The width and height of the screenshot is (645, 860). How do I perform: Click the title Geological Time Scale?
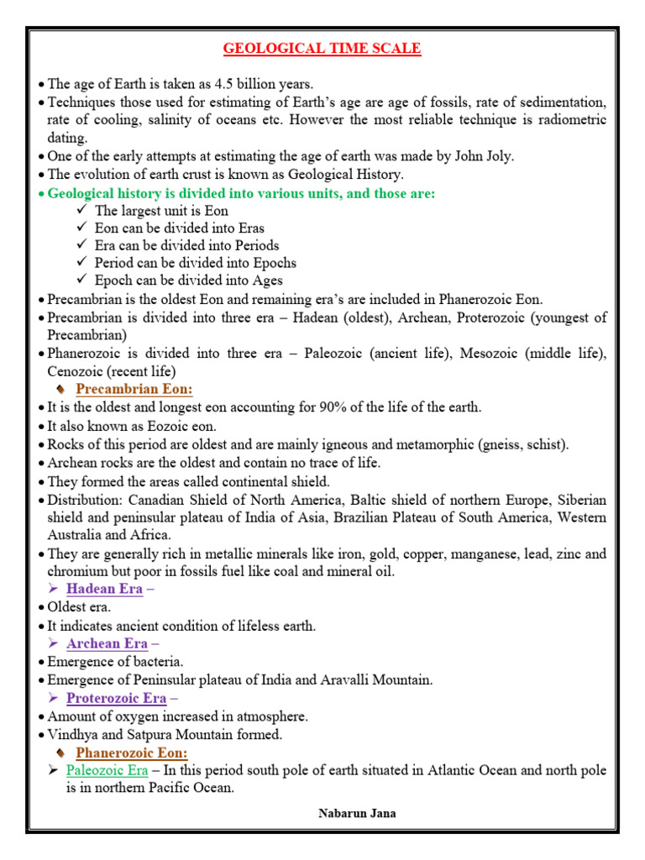pos(322,49)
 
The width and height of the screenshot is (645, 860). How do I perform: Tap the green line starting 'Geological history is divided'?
pos(242,193)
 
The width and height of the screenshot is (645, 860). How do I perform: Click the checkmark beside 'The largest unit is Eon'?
pos(81,211)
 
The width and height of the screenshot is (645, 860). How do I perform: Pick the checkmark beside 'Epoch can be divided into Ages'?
pos(81,281)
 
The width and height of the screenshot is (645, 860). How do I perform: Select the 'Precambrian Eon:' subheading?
pos(134,389)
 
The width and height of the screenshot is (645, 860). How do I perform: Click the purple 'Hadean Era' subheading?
pos(104,589)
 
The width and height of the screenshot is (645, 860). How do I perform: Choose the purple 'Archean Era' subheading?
pos(107,643)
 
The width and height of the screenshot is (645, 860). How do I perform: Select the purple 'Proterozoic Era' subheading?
pos(116,698)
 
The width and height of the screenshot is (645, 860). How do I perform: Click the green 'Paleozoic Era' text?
pos(107,770)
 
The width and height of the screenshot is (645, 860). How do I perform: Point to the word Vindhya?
pos(71,734)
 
